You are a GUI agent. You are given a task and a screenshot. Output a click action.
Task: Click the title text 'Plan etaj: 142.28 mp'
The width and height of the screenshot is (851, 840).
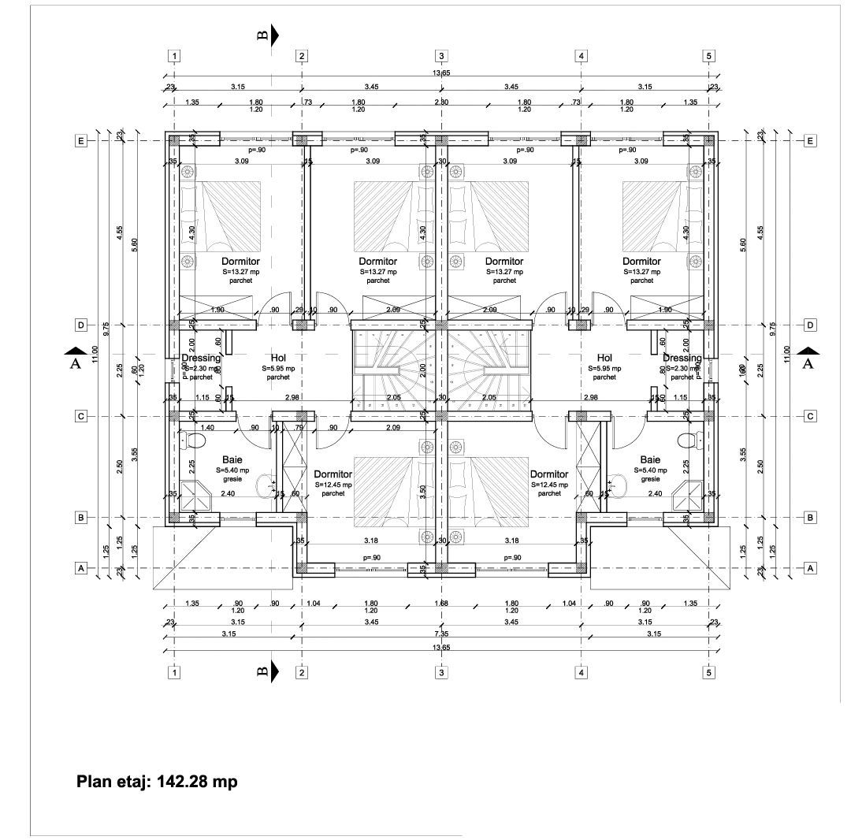coord(156,782)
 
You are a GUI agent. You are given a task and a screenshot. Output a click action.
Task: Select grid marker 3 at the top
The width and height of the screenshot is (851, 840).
coord(441,56)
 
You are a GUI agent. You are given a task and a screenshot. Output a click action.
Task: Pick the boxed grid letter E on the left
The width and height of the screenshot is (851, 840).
coord(80,140)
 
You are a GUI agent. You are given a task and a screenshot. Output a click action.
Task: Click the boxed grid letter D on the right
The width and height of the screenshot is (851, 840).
coord(810,325)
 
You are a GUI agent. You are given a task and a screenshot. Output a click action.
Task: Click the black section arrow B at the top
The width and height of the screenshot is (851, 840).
coord(274,35)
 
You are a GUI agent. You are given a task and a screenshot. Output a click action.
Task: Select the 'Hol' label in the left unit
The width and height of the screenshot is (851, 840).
coord(277,358)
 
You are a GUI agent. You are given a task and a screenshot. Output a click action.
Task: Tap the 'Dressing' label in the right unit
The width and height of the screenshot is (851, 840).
coord(682,359)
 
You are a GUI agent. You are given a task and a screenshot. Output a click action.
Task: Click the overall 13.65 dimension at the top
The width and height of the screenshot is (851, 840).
coord(440,73)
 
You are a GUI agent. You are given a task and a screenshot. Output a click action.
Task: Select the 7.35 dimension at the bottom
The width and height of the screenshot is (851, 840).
coord(440,634)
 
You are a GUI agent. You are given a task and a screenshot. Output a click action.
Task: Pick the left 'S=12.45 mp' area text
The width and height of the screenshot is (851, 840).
coord(333,485)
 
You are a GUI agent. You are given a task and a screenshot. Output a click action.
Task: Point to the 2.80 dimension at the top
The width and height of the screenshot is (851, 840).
coord(441,102)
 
